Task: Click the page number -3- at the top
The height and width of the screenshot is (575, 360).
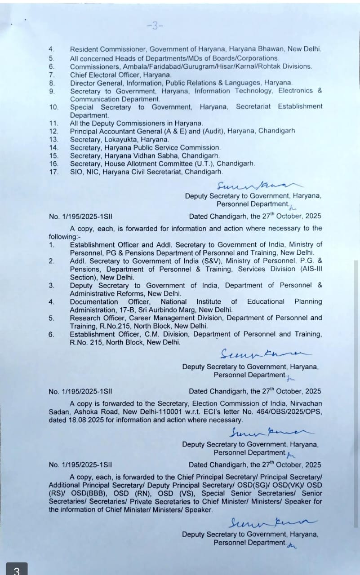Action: pyautogui.click(x=155, y=26)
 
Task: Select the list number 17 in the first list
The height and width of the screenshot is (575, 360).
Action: pyautogui.click(x=53, y=172)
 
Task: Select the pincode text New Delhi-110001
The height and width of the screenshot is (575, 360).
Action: pyautogui.click(x=152, y=412)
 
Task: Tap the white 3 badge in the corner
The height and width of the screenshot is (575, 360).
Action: pyautogui.click(x=16, y=569)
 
